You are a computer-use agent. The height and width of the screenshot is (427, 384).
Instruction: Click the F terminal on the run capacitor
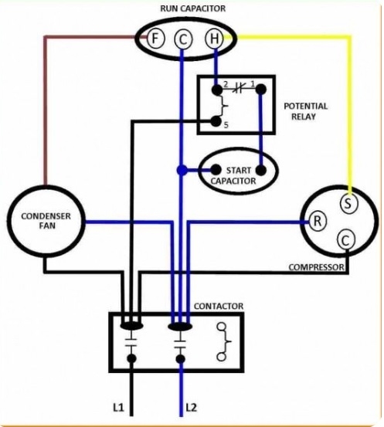coord(155,38)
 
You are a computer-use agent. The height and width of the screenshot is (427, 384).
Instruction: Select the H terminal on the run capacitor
coord(213,38)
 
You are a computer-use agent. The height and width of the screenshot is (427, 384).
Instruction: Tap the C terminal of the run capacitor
coord(182,38)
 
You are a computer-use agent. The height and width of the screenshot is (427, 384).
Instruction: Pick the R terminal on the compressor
coord(318,220)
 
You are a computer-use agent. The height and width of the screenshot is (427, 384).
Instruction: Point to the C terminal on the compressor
coord(345,240)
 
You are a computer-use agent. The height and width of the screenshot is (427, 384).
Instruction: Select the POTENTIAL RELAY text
coord(305,111)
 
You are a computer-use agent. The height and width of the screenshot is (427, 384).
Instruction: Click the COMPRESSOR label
coord(315,268)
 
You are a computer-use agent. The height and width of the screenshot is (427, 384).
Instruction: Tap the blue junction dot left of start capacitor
coord(181,169)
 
